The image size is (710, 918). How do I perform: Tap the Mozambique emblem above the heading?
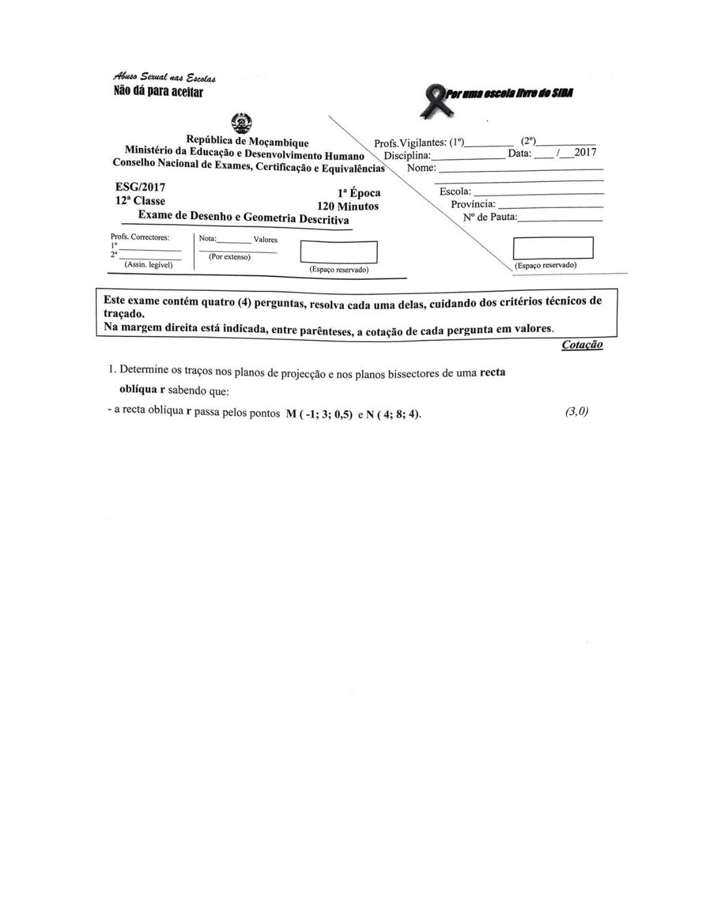tap(241, 123)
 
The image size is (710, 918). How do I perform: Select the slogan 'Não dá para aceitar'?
tap(159, 92)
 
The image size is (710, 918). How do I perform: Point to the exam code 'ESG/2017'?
tap(140, 188)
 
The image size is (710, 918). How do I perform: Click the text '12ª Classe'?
tap(140, 201)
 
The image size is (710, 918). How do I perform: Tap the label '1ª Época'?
tap(358, 193)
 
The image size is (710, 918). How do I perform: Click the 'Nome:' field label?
tap(421, 168)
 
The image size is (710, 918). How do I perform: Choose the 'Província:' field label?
tap(473, 204)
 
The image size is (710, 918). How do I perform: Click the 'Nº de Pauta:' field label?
tap(490, 216)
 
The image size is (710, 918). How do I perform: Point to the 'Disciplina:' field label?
tap(407, 156)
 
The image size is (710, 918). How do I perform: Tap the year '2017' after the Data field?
tap(585, 153)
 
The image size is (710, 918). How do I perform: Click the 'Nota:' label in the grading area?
tap(208, 239)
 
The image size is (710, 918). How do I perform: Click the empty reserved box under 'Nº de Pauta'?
tap(553, 248)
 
